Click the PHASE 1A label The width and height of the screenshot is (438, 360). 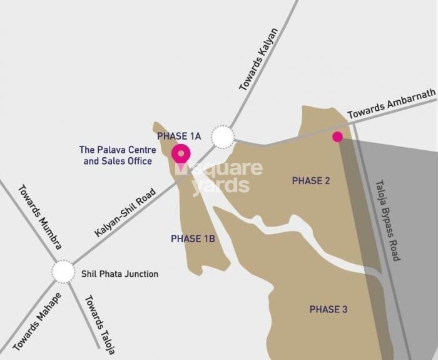coord(178,136)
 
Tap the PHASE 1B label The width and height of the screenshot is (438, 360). coord(193,239)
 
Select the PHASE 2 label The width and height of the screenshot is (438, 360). coord(311,181)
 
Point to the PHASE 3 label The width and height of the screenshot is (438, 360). coord(328,309)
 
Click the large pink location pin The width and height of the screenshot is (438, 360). coord(181,153)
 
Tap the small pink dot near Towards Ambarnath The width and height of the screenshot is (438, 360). coord(337,136)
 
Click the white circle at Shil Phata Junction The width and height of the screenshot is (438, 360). coord(63,272)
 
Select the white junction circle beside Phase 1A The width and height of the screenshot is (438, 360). coord(222,136)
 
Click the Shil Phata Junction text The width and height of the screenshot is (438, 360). coord(120,274)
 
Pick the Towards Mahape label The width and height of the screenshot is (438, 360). coord(37,321)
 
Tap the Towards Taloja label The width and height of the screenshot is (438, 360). coord(99,324)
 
